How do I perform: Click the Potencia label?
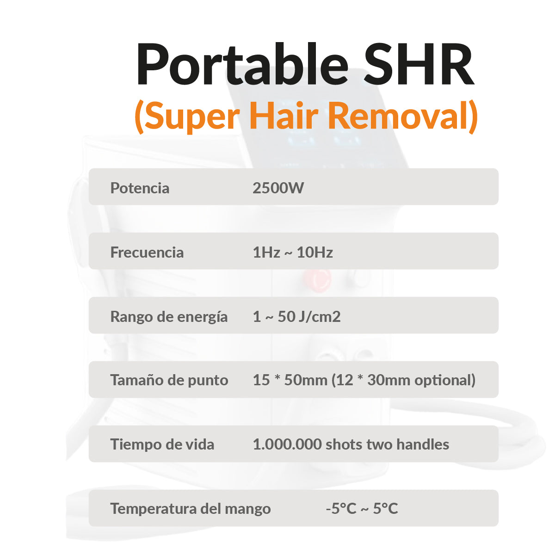(140, 188)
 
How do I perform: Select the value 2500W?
(278, 188)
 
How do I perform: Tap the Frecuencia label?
(147, 252)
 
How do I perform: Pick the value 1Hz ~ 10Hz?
(292, 252)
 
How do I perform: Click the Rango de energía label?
(169, 316)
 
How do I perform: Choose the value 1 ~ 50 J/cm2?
(296, 316)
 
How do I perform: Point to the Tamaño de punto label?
(169, 380)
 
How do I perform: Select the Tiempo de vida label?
(162, 444)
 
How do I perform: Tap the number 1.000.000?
(287, 444)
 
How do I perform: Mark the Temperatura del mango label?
(190, 509)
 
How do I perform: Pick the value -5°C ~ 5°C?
(362, 509)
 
